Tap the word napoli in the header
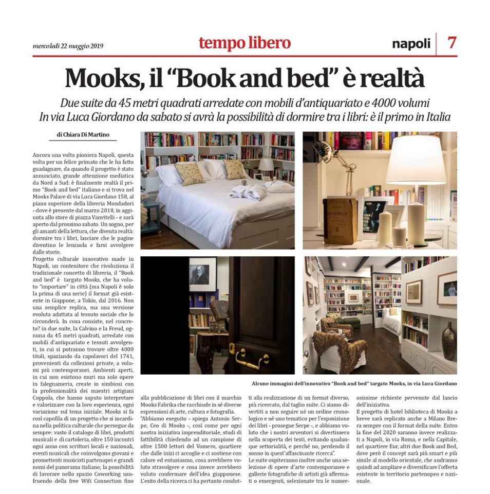tap(411, 44)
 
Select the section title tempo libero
tap(244, 43)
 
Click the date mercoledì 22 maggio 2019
tap(68, 46)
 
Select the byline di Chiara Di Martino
tap(83, 135)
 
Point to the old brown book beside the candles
tap(340, 221)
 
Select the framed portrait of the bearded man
tap(202, 275)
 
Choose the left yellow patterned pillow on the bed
tap(190, 173)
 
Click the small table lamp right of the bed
tap(266, 166)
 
